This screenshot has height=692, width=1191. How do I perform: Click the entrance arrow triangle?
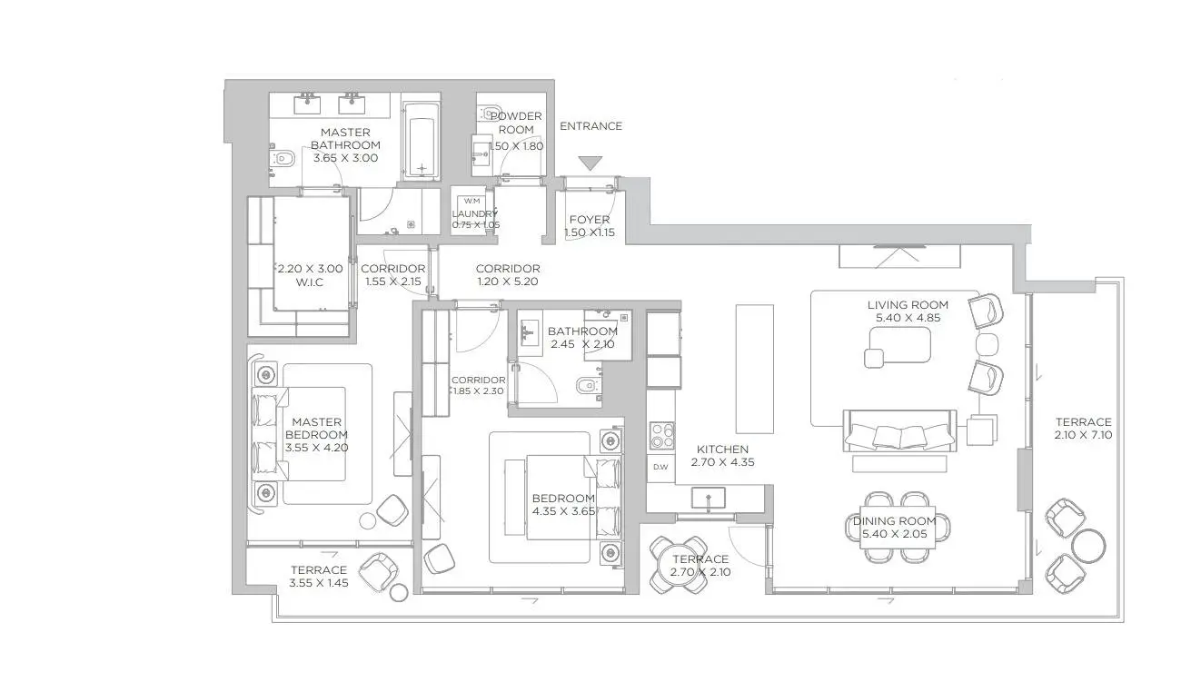pos(591,163)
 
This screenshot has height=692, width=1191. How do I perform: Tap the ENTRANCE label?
pos(591,126)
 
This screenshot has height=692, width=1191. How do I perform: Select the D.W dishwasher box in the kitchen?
pos(660,467)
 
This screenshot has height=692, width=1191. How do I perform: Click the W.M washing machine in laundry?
pos(471,201)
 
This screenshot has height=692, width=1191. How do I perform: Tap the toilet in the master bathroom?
pos(283,158)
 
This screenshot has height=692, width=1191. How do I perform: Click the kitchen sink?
pos(709,498)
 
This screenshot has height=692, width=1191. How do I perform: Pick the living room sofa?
pos(899,430)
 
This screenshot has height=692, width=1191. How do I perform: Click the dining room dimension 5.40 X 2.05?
pos(894,534)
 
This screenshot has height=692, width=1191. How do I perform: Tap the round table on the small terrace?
pos(679,565)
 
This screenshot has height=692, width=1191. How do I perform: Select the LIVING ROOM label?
pos(908,305)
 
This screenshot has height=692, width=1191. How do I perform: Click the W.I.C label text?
pos(310,282)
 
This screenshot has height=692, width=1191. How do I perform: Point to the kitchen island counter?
pos(754,369)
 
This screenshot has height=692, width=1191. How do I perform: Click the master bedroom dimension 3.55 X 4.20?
pos(316,448)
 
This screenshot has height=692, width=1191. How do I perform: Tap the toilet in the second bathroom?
pos(587,385)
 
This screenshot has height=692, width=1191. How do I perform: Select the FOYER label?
pos(590,220)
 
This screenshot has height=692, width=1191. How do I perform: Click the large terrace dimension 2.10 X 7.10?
pos(1084,435)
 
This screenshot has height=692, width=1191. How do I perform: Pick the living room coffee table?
pos(899,345)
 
